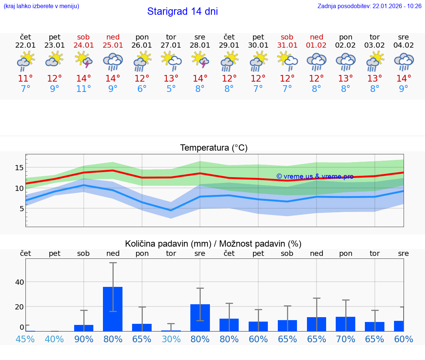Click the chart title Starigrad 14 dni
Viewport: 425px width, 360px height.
[182, 11]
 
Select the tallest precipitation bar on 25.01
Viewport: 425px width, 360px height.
[113, 309]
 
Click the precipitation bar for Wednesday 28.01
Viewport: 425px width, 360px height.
[200, 318]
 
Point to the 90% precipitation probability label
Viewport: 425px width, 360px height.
[84, 339]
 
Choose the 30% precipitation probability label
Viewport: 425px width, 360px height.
[171, 339]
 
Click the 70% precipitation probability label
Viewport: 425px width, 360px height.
[346, 339]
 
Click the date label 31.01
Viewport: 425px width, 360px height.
[287, 45]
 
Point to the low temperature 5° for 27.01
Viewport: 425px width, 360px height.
[171, 89]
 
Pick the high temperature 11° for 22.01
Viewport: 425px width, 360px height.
[25, 79]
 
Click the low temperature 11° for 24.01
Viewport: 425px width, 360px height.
[83, 89]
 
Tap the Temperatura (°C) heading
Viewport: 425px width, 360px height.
[214, 148]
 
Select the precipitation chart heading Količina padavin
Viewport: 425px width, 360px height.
[213, 244]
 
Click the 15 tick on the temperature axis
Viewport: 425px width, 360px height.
[19, 168]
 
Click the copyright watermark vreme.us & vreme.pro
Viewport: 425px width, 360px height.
[315, 176]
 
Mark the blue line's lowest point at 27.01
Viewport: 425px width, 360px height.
[171, 210]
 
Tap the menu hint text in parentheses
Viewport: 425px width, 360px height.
[41, 6]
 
